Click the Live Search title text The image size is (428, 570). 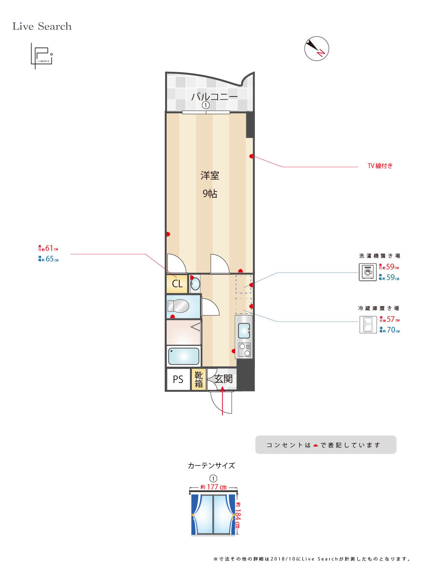tap(42, 26)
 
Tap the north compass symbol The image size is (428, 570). tap(317, 48)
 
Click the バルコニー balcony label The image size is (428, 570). tap(214, 96)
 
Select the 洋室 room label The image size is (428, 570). tap(210, 176)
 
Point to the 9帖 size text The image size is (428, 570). tap(210, 193)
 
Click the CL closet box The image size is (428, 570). tap(177, 284)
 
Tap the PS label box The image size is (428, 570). tap(178, 379)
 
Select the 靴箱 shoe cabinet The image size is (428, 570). tap(199, 379)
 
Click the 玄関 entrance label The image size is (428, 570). tap(223, 378)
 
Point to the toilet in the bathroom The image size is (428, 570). tap(179, 306)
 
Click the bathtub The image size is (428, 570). tap(184, 356)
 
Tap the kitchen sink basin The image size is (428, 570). tap(244, 331)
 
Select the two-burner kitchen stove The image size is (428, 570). tap(244, 350)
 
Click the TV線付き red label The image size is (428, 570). tap(380, 166)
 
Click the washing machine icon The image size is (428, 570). tap(368, 272)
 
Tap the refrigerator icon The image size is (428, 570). tap(368, 325)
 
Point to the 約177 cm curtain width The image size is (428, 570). tap(213, 487)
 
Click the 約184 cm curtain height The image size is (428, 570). tap(237, 515)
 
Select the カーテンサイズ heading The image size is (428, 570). tap(211, 465)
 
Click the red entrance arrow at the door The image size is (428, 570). tap(223, 401)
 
